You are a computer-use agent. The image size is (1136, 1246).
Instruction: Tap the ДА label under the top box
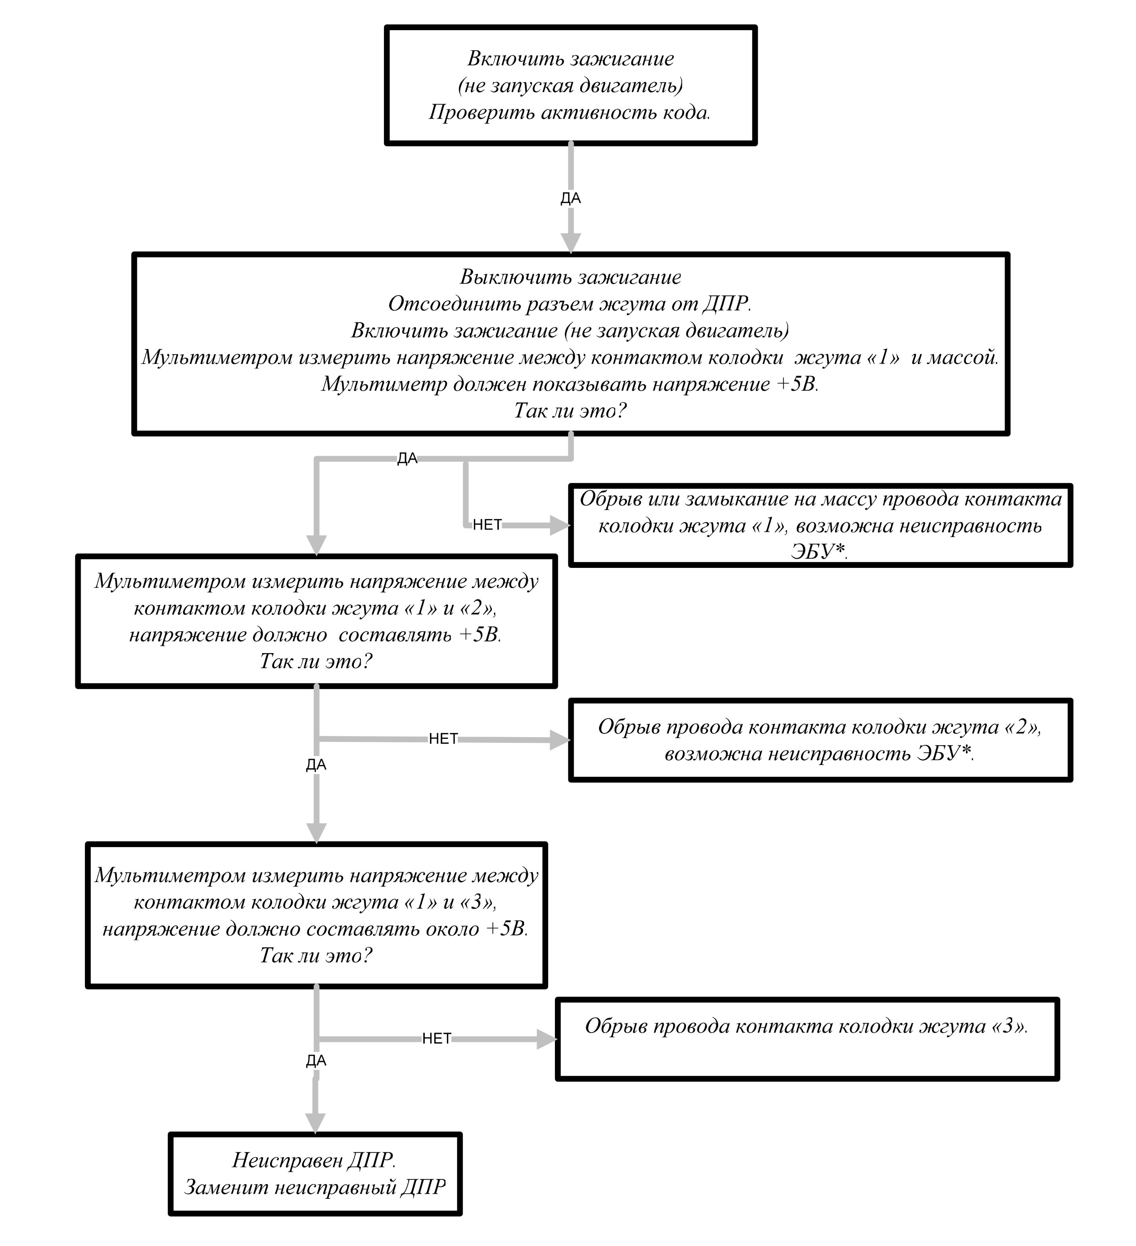click(570, 198)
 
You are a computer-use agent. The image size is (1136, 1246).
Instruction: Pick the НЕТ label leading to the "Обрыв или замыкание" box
click(487, 525)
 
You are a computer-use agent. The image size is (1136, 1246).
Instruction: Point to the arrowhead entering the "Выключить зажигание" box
click(570, 243)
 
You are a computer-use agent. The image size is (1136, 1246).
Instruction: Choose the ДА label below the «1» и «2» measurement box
click(316, 765)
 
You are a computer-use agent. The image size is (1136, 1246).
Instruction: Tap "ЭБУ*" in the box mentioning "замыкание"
click(818, 552)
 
